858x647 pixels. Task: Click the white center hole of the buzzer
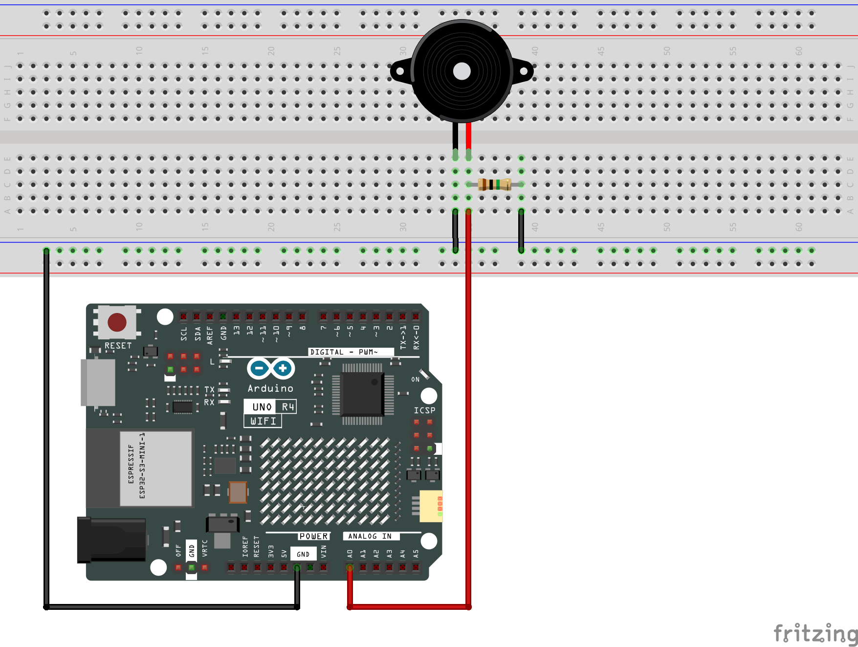462,71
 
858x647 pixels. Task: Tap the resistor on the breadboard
495,184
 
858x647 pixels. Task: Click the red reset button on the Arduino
117,322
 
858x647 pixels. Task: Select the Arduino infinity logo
270,368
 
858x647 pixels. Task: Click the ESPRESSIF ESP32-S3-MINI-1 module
155,469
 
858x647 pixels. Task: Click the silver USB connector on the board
98,382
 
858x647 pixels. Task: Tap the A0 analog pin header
350,567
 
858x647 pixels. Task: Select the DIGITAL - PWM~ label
344,352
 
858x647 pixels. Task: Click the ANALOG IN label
370,536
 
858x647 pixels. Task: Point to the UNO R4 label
270,407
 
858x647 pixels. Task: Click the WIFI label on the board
263,421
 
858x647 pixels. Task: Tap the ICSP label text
424,410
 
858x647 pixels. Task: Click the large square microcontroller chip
362,394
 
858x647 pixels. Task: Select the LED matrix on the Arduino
325,480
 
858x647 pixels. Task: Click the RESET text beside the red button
118,346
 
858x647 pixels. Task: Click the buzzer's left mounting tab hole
400,71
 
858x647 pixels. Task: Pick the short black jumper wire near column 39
521,230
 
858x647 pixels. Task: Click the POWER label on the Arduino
313,536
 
